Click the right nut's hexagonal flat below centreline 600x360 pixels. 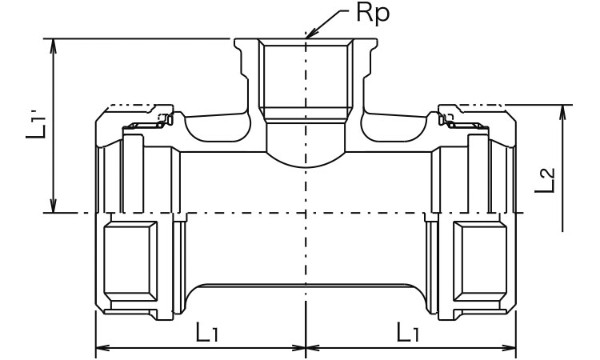coord(480,261)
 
